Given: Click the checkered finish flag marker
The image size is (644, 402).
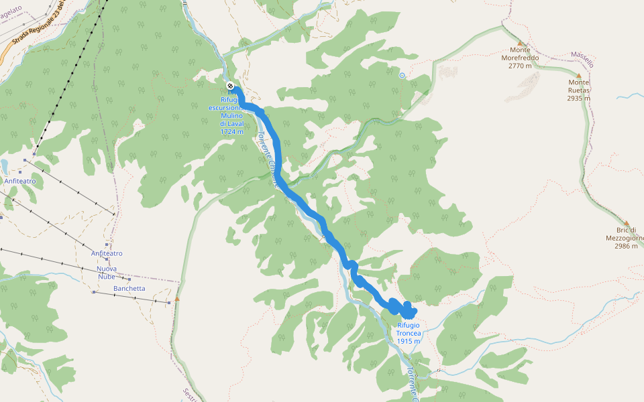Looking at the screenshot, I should point(230,86).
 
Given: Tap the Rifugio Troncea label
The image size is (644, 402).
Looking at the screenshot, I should point(409,329).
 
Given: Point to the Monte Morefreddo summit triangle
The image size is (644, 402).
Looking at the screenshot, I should point(519,44).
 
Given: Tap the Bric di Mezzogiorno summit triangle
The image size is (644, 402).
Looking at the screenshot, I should point(626,224).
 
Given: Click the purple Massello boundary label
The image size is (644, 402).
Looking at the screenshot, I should point(582,59).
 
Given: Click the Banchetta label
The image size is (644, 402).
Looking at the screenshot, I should point(129,289).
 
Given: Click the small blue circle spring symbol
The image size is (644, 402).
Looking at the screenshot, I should point(402,76).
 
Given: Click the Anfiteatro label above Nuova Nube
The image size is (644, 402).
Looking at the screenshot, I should point(107,253).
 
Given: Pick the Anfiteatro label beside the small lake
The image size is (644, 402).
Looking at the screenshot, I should point(20,181).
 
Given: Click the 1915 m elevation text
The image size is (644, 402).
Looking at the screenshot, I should point(409,341).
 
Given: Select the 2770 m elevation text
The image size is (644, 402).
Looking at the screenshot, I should point(520,66).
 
